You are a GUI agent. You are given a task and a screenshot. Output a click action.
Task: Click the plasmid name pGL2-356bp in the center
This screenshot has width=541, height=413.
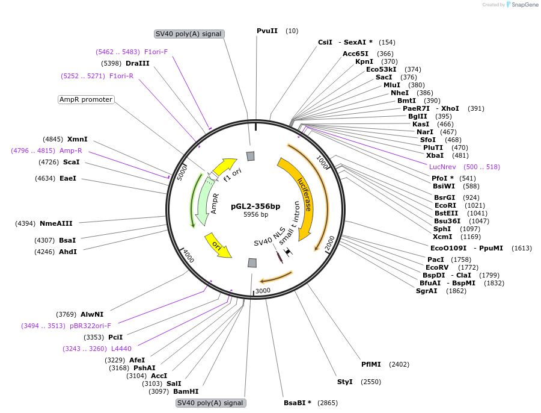[x=255, y=205]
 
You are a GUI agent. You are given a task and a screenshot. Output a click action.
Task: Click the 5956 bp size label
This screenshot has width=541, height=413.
[x=255, y=214]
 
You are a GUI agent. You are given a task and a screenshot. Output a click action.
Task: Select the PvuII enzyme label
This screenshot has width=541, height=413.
[x=267, y=31]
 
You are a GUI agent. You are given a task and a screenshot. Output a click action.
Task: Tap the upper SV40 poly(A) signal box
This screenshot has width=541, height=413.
[x=189, y=34]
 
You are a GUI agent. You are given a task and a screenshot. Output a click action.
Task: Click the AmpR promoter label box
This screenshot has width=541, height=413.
[x=86, y=99]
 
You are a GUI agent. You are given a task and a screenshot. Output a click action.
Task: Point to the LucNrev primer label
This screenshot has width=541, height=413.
[x=442, y=167]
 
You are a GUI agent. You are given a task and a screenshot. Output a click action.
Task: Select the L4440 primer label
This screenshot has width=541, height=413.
[x=121, y=349]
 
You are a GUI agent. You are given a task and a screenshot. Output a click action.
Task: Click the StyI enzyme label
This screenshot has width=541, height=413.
[x=344, y=382]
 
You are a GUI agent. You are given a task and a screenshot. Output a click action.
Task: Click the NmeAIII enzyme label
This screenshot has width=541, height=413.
[x=56, y=223]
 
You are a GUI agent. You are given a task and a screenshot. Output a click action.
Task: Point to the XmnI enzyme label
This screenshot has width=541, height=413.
[x=77, y=139]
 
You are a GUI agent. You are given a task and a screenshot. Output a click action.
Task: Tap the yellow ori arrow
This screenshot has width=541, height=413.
[x=218, y=245]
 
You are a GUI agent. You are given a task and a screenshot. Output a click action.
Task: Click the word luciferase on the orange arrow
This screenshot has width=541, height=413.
[x=305, y=193]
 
